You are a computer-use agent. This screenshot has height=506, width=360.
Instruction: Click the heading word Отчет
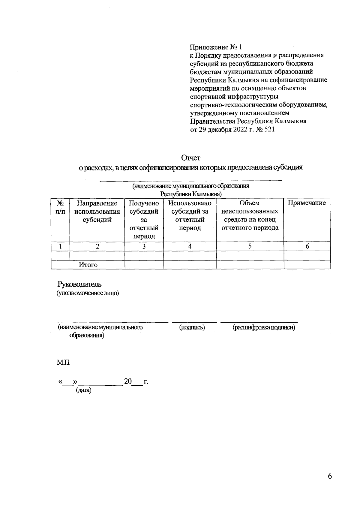tap(190, 158)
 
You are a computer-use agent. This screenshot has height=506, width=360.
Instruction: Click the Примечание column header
tap(307, 203)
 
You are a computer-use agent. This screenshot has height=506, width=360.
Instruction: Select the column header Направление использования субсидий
tap(97, 211)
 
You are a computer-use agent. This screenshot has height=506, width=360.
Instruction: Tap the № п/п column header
tap(60, 207)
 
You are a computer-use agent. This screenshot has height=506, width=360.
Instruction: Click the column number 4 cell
tap(190, 246)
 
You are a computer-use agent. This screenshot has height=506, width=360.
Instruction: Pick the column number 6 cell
tap(307, 246)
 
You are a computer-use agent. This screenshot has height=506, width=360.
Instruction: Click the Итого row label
tap(88, 265)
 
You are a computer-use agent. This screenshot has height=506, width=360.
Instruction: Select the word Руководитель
tap(79, 284)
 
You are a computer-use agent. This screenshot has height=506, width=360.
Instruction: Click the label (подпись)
tap(192, 327)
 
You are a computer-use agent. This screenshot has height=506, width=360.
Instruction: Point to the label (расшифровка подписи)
tap(264, 327)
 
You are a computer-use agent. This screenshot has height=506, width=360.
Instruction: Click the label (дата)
tap(83, 390)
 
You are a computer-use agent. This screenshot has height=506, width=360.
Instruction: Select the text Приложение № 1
tap(216, 47)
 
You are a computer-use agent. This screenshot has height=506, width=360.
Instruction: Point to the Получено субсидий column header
tap(144, 219)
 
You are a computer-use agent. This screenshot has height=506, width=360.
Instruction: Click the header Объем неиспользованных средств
tap(250, 215)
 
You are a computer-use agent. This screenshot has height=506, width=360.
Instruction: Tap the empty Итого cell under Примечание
tap(307, 265)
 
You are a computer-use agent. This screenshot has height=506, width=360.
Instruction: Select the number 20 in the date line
tap(128, 381)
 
